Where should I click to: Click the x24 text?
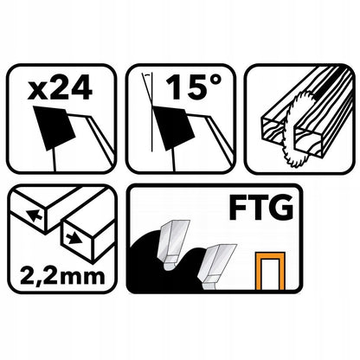coord(60,87)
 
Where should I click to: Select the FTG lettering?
coord(261,208)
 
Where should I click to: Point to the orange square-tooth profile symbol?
coord(270,271)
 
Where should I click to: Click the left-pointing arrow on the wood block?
coord(34,215)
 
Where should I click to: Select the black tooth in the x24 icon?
coord(55,128)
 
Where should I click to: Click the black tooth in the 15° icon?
coord(173,128)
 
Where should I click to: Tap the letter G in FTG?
coord(282,208)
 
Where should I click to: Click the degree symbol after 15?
coord(215,81)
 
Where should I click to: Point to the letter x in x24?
coord(36,92)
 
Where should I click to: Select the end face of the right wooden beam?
coord(310,144)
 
